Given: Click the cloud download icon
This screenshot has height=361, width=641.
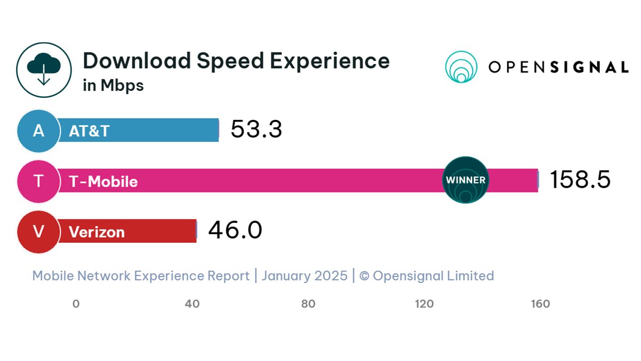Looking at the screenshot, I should point(44,70).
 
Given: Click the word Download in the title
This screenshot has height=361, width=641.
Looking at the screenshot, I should point(136,60).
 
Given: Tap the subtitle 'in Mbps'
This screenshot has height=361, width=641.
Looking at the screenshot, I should point(113,86).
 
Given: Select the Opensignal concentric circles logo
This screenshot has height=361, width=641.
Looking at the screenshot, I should point(461,67).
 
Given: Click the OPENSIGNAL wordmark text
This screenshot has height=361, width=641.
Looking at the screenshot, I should point(558,67).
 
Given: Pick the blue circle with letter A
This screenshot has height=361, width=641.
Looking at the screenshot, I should point(38,130).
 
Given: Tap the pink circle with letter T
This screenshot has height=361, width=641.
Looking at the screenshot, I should point(38,181).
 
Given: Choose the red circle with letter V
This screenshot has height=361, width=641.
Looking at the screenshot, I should point(38,232).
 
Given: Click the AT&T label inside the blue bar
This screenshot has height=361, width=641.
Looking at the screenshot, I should point(89,131).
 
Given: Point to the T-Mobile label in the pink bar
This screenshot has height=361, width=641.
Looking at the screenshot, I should point(103,182).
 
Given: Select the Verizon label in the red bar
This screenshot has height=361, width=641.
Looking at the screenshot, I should point(97,232).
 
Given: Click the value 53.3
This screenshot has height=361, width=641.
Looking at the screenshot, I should point(256,129).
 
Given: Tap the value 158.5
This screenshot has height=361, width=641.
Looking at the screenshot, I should point(580,180).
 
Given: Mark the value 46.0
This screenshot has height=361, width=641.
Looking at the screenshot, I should point(235,231).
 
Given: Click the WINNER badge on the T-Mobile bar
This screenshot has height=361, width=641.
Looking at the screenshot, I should point(465,180).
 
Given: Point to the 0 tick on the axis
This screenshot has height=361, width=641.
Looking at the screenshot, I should point(76,304).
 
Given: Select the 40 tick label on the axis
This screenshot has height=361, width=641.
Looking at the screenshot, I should point(192,304).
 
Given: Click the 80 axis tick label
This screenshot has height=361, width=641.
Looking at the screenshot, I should point(308,304).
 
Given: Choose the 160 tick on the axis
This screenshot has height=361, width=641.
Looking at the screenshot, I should point(541,304).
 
